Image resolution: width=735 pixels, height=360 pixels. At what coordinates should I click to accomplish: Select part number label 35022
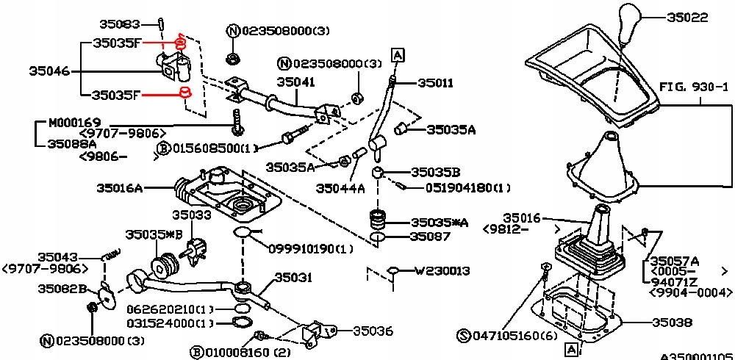[689, 15]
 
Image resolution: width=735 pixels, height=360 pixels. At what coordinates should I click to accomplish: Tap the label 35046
[49, 71]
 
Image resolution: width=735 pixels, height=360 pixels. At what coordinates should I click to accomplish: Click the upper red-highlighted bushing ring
[179, 42]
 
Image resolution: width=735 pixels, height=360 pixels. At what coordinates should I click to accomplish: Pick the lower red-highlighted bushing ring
[185, 93]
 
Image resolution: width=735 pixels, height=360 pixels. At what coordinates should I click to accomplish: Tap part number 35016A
[119, 188]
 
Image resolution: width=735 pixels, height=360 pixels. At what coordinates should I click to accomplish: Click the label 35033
[191, 215]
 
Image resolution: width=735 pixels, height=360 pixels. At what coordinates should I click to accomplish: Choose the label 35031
[294, 278]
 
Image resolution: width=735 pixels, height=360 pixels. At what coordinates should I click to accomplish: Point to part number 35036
[373, 331]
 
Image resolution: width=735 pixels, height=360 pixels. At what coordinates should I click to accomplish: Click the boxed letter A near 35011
[397, 54]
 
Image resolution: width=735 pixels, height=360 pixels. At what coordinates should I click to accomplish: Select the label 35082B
[62, 289]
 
